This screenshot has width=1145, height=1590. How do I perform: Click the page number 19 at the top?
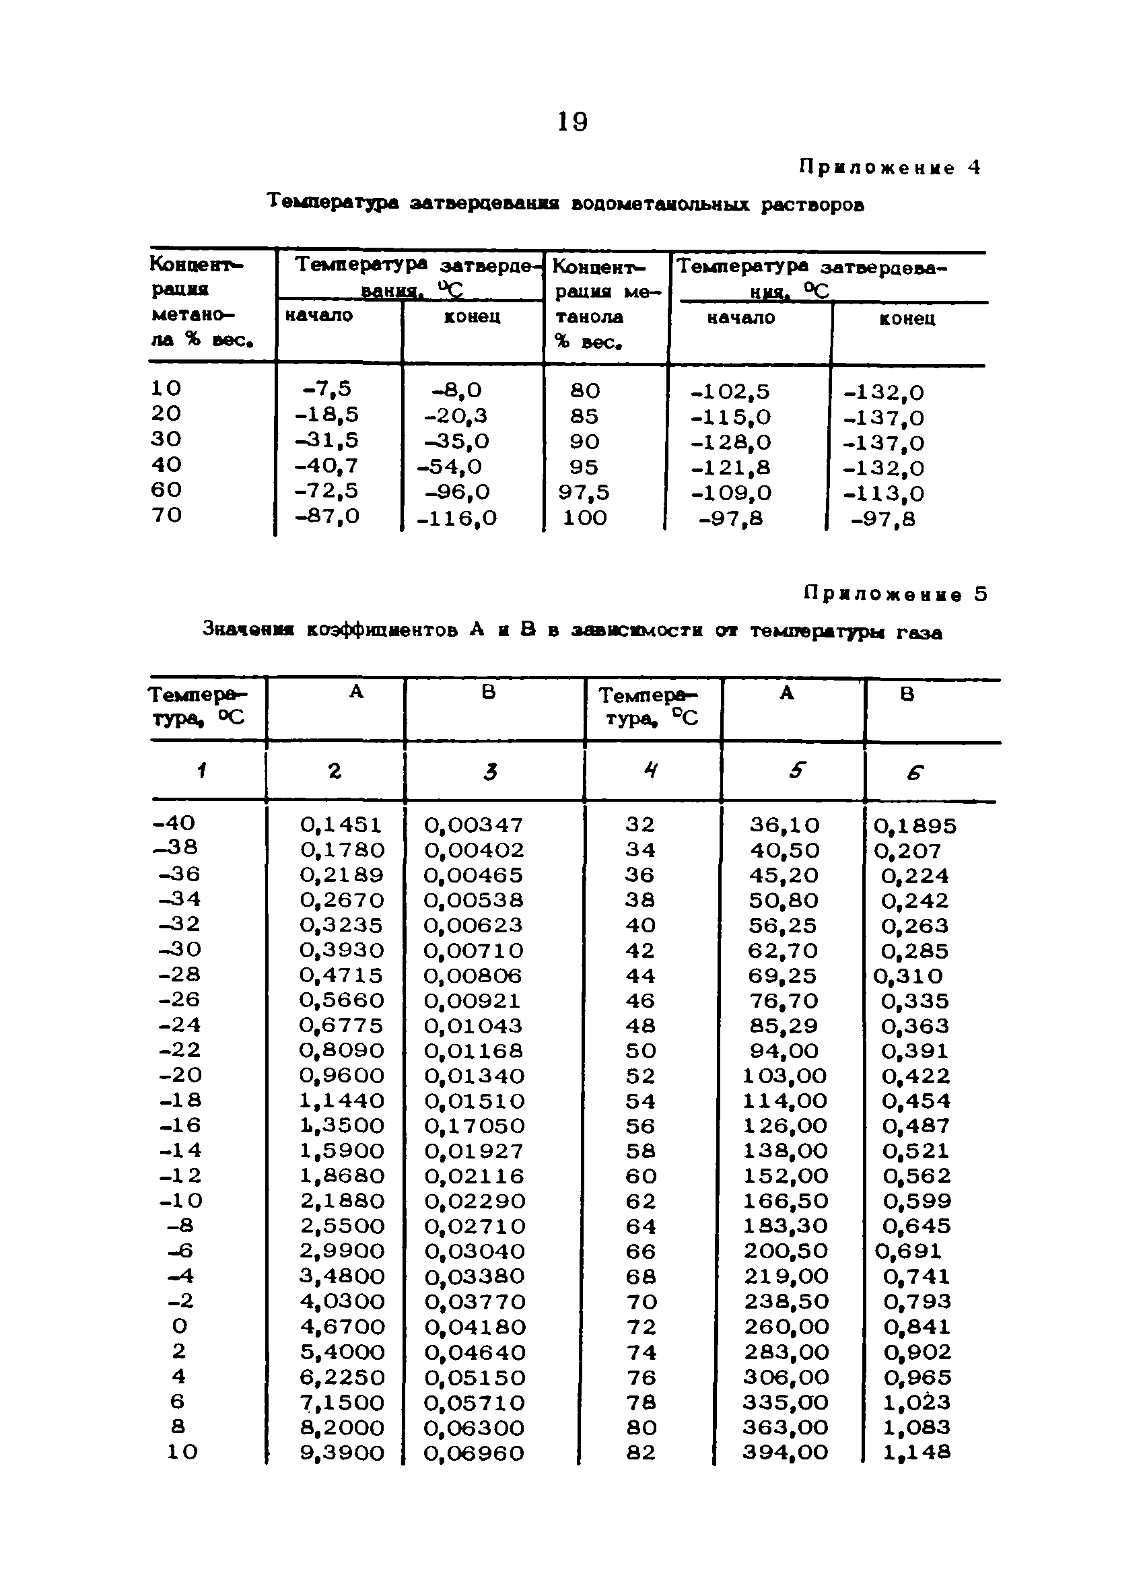572,122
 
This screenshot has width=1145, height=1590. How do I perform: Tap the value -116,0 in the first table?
456,518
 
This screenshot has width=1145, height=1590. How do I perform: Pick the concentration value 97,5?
584,493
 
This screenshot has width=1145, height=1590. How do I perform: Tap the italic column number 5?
796,771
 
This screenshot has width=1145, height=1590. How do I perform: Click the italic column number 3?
490,772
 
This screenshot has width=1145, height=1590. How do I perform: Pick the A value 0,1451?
341,825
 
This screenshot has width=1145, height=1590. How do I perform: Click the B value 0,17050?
474,1126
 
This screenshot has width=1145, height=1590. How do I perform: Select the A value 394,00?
786,1453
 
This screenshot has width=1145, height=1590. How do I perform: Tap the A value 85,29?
784,1026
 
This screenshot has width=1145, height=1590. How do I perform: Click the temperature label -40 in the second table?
174,823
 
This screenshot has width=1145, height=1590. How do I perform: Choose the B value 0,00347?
474,825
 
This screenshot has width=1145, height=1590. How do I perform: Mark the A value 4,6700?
342,1327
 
